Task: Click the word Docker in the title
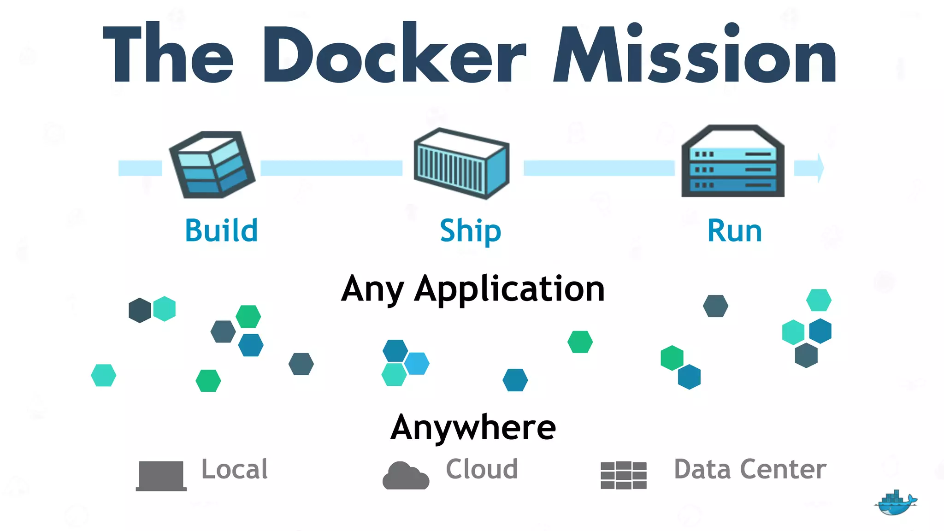pyautogui.click(x=394, y=55)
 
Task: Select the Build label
pyautogui.click(x=221, y=230)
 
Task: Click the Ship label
pyautogui.click(x=470, y=230)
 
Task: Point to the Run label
pyautogui.click(x=734, y=231)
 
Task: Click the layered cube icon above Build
pyautogui.click(x=212, y=165)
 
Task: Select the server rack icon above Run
pyautogui.click(x=733, y=161)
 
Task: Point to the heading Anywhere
pyautogui.click(x=473, y=427)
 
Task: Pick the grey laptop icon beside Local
pyautogui.click(x=161, y=476)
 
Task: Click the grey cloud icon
pyautogui.click(x=406, y=476)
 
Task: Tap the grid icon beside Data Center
pyautogui.click(x=624, y=475)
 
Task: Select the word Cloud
pyautogui.click(x=482, y=469)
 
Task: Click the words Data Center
pyautogui.click(x=750, y=469)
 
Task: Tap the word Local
pyautogui.click(x=235, y=469)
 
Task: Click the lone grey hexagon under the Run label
pyautogui.click(x=715, y=306)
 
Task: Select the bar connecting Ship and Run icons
pyautogui.click(x=599, y=168)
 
